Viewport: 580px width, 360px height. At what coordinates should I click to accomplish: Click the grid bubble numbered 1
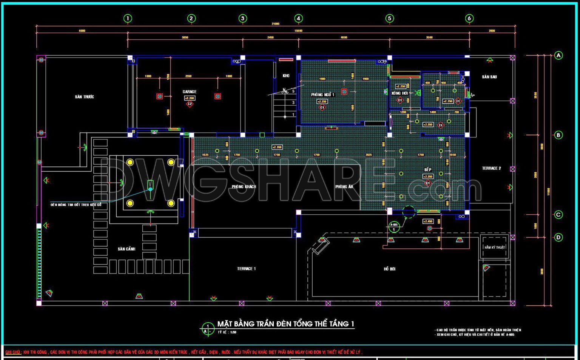[128, 18]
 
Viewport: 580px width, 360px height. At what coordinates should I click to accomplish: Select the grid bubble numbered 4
[298, 18]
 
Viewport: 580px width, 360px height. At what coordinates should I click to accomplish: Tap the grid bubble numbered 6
[469, 18]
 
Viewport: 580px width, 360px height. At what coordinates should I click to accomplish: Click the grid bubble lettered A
[558, 55]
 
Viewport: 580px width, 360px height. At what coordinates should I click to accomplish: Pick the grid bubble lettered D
[558, 237]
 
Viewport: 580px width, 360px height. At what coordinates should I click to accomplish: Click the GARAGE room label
[190, 92]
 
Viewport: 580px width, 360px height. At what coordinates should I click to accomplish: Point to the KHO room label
[286, 76]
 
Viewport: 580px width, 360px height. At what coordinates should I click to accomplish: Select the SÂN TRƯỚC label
[84, 97]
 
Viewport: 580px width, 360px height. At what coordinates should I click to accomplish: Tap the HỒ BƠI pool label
[390, 269]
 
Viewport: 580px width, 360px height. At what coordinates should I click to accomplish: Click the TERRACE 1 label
[246, 269]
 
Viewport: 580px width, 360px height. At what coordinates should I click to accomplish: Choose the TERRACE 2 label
[491, 168]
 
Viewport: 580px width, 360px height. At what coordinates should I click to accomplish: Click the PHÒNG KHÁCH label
[244, 187]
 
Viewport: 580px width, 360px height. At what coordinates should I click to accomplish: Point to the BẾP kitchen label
[427, 170]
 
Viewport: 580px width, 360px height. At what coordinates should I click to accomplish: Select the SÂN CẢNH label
[126, 249]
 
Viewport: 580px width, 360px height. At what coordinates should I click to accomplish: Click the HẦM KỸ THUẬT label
[495, 248]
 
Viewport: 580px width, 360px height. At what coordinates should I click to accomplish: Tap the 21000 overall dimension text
[275, 24]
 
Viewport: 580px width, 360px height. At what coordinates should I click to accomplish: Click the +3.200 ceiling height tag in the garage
[190, 98]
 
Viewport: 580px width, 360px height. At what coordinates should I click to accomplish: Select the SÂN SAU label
[489, 77]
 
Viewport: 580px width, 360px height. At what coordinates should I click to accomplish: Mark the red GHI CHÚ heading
[12, 352]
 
